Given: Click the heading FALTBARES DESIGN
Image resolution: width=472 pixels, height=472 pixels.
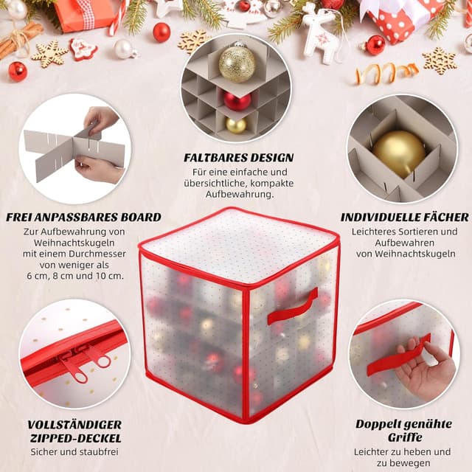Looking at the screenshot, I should (x=238, y=158).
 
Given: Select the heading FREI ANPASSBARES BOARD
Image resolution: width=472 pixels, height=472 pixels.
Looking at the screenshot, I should (x=83, y=218).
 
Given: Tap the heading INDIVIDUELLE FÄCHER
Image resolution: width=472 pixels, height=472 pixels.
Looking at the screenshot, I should (x=404, y=218).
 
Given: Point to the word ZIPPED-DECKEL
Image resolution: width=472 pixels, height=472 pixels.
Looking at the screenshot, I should (x=74, y=438).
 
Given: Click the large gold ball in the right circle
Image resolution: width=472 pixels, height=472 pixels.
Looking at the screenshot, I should (x=398, y=153).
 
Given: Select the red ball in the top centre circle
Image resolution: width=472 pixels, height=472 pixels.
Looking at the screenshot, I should (x=237, y=100).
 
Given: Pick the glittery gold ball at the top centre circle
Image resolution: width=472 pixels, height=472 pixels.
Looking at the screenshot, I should (x=237, y=64).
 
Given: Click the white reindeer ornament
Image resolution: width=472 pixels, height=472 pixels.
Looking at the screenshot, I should (x=322, y=33).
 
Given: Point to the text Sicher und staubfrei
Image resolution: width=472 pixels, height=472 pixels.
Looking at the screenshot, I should (x=74, y=452).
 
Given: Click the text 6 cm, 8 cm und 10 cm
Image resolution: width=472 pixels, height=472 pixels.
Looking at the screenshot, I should (x=76, y=276).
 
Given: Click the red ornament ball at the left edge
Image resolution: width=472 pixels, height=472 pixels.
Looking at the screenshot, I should (x=17, y=71).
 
